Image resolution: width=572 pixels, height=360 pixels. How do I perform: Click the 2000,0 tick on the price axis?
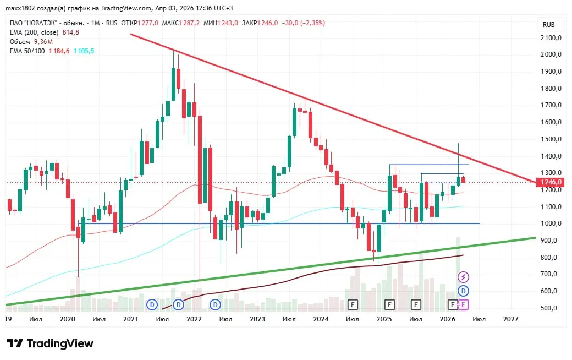(x=551, y=54)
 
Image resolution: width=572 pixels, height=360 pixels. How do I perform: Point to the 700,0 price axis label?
(x=551, y=274)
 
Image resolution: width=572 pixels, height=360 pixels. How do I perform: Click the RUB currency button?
(x=548, y=25)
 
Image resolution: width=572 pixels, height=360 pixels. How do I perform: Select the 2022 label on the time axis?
(x=194, y=319)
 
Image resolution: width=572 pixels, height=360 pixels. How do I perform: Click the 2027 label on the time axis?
(x=511, y=319)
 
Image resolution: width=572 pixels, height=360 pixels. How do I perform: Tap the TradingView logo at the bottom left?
(x=50, y=343)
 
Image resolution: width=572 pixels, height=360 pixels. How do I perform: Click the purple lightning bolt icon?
(x=464, y=277)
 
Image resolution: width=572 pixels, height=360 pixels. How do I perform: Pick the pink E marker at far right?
(x=464, y=304)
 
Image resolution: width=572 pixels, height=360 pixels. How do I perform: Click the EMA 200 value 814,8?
(x=70, y=32)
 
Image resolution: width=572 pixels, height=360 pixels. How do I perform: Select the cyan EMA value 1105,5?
(x=84, y=51)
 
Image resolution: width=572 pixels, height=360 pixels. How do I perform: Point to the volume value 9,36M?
(x=43, y=41)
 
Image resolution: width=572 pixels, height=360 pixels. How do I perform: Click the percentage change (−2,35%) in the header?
(x=312, y=23)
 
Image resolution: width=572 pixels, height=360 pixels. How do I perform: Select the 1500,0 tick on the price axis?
(x=551, y=139)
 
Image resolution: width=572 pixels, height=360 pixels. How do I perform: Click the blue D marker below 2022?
(x=178, y=304)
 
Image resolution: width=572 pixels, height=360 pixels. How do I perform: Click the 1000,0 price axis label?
(x=551, y=223)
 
